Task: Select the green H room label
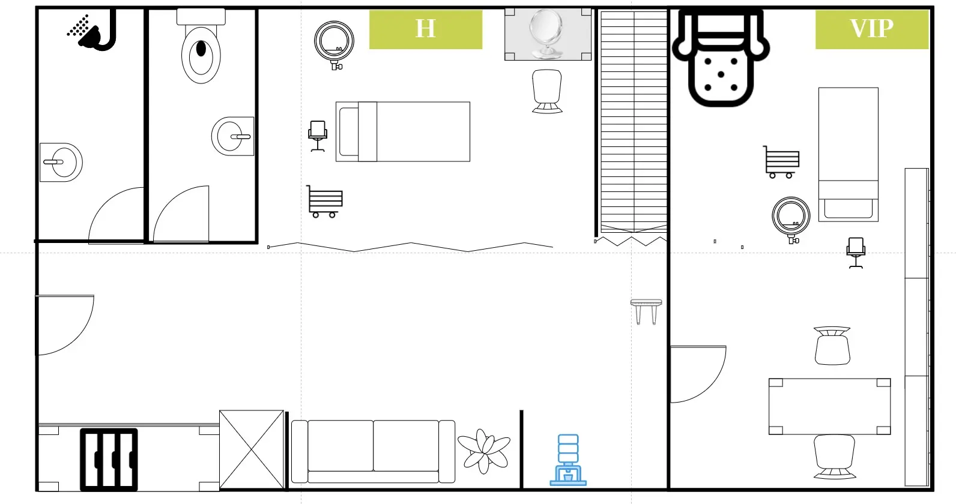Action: (426, 29)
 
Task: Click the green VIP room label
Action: (872, 29)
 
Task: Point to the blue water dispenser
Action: (568, 460)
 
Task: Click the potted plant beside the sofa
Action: (484, 451)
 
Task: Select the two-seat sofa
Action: (373, 452)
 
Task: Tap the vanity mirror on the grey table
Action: (546, 34)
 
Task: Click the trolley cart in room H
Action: (324, 201)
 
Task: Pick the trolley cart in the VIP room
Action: (781, 162)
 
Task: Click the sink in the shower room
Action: (61, 163)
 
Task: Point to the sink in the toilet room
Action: (232, 136)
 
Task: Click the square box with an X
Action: (252, 449)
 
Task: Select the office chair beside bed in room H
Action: (318, 136)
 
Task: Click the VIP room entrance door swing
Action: (698, 374)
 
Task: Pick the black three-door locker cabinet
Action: (109, 460)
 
